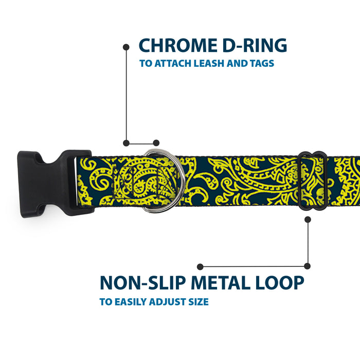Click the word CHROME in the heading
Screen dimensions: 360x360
pos(177,45)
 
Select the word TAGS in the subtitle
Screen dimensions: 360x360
pos(261,64)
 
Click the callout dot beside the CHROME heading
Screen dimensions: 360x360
pos(126,47)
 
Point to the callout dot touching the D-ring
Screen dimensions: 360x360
pos(156,143)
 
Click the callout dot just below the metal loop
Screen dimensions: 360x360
pos(308,219)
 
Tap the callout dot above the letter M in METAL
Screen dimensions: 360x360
pos(201,266)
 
